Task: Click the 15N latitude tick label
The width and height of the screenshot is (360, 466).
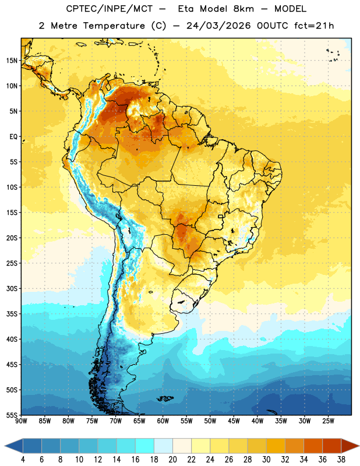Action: (12, 61)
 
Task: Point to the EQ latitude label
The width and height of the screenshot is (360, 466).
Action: (13, 137)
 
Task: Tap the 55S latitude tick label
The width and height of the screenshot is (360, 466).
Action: (12, 415)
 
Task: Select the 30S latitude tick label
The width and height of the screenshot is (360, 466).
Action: (12, 288)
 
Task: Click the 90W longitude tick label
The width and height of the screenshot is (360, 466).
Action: (21, 421)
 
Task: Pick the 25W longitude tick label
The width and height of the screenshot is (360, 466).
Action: (328, 421)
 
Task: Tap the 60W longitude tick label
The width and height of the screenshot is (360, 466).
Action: (163, 421)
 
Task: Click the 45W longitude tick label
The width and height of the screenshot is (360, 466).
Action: (234, 421)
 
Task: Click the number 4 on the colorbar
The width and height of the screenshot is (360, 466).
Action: (23, 460)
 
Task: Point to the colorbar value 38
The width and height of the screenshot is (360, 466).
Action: (341, 460)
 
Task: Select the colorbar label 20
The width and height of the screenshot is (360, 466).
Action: (172, 460)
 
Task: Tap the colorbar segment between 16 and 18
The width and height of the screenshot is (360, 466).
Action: (145, 446)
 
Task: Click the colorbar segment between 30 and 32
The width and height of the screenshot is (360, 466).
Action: (276, 446)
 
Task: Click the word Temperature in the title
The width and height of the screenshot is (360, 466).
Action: (114, 26)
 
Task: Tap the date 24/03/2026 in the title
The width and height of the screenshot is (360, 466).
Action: (218, 26)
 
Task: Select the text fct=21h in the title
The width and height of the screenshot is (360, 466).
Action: (314, 26)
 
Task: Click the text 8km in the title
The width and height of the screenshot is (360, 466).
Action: (243, 9)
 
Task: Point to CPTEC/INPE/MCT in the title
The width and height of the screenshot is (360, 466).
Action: (110, 9)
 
